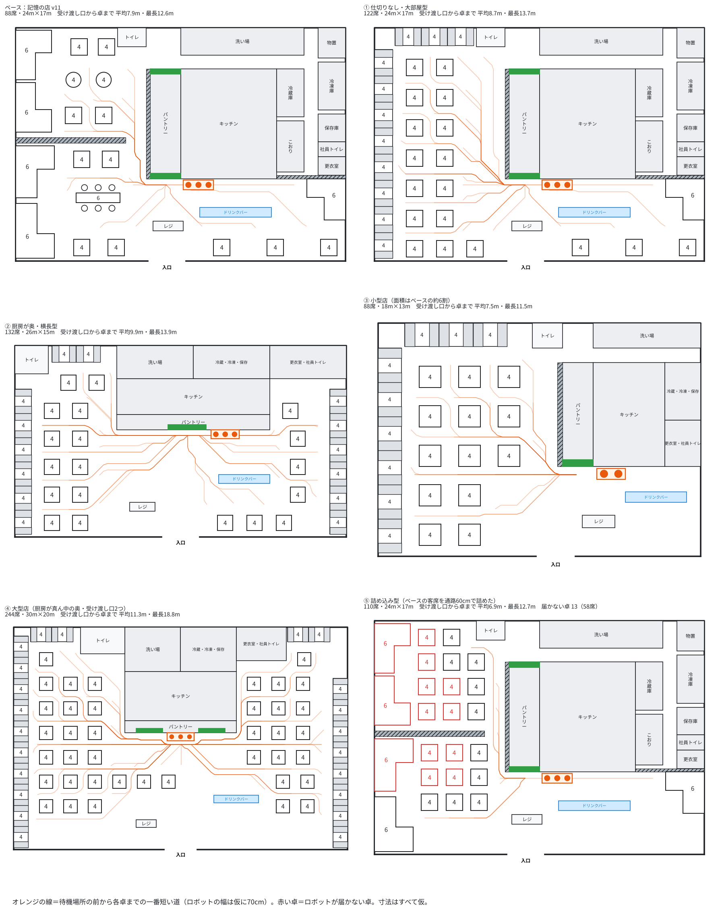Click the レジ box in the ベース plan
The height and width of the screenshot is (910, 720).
click(x=168, y=226)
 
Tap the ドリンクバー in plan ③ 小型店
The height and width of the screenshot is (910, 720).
click(x=656, y=497)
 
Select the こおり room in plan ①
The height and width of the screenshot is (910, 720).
click(x=649, y=146)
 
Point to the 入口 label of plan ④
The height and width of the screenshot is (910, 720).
click(x=180, y=855)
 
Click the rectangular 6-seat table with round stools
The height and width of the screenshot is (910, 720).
click(x=98, y=198)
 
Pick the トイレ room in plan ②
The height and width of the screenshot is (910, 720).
click(x=32, y=360)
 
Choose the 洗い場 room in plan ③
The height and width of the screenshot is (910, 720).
click(x=647, y=336)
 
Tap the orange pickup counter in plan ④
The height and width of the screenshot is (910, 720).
click(x=180, y=737)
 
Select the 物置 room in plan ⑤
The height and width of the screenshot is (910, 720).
click(x=690, y=636)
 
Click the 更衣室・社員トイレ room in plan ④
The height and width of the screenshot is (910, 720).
click(x=261, y=644)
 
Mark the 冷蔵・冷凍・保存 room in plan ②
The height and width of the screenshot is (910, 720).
click(x=232, y=362)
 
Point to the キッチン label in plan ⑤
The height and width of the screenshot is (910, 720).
click(x=587, y=717)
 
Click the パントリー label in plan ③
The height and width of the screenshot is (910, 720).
click(x=577, y=414)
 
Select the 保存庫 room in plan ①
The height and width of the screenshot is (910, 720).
click(x=690, y=128)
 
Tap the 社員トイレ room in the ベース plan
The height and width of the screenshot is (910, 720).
click(x=331, y=149)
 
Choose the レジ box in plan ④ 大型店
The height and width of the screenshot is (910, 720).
click(x=146, y=823)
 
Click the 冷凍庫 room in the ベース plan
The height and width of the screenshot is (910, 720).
click(x=331, y=86)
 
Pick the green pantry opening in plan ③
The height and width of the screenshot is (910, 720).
click(x=577, y=463)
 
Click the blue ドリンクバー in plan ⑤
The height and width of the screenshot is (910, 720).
click(x=594, y=806)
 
